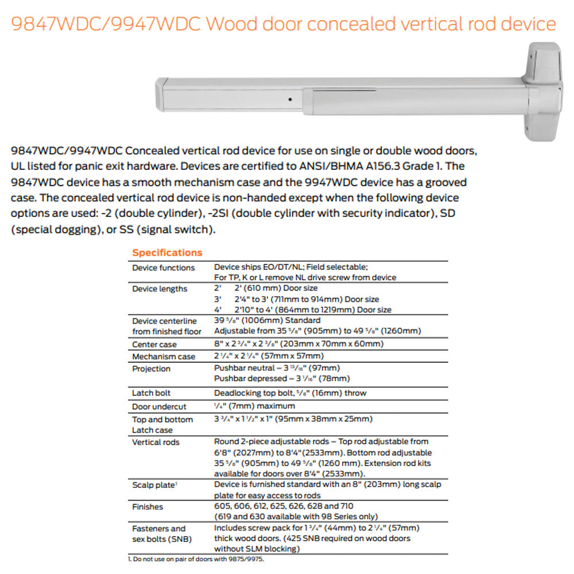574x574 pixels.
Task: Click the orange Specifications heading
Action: click(167, 253)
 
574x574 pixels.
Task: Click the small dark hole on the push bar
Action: click(290, 97)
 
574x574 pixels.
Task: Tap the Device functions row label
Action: click(163, 268)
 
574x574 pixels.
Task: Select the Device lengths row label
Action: click(160, 289)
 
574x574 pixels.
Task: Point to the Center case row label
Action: click(154, 344)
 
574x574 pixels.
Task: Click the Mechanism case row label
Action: click(164, 356)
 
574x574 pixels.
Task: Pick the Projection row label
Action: click(151, 369)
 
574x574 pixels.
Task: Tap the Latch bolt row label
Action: click(152, 393)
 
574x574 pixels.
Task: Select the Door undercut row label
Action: click(159, 406)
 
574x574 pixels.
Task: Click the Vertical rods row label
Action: click(156, 442)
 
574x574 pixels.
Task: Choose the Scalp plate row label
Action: click(153, 486)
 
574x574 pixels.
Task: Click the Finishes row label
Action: click(148, 507)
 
